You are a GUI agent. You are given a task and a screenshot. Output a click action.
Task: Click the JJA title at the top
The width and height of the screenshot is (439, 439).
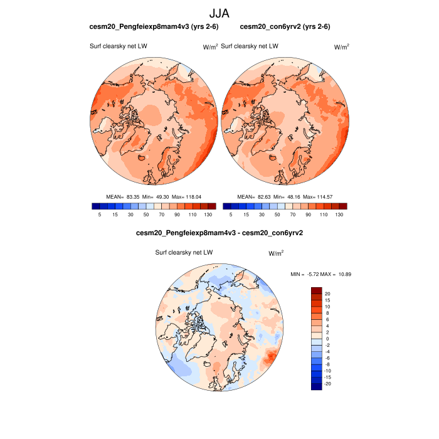[x=219, y=13]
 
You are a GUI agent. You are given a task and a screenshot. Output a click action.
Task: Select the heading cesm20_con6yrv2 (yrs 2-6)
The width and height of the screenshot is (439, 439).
[x=285, y=27]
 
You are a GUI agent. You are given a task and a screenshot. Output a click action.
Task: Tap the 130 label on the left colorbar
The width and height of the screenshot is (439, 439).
[x=208, y=214]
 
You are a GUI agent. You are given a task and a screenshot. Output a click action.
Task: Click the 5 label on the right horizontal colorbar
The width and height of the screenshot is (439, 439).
[x=231, y=214]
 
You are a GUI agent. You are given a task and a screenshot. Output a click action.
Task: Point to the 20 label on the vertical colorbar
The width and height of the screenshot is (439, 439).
[x=327, y=294]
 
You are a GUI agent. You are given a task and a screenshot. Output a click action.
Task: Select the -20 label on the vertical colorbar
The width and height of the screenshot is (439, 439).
[x=327, y=383]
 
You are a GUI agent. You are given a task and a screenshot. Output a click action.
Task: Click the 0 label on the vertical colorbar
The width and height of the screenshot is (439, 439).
[x=327, y=339]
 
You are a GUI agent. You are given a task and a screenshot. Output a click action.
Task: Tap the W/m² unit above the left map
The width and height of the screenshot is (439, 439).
[x=210, y=47]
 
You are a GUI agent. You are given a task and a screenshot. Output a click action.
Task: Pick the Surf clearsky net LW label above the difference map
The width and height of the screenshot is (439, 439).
[x=184, y=252]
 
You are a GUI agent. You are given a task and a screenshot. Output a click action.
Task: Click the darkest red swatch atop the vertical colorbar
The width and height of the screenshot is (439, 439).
[x=317, y=290]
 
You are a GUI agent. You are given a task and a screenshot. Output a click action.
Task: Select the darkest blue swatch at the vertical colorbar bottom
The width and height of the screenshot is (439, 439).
[x=317, y=386]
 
